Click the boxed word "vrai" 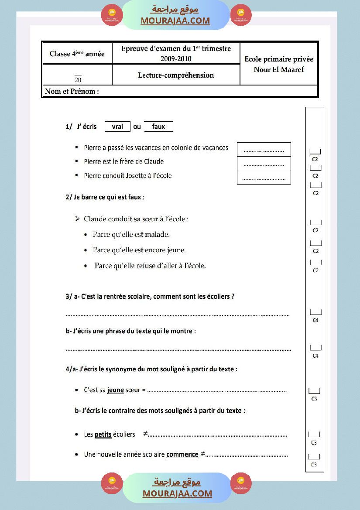tap(117, 127)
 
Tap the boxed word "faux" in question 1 tap(158, 127)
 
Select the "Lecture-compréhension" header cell tap(176, 75)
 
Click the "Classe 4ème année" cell tap(77, 54)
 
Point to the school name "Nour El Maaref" tap(278, 69)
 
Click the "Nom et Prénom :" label tap(72, 91)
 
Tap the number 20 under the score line tap(78, 80)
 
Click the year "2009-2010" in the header tap(176, 59)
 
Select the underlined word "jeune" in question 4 tap(115, 390)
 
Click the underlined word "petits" tap(103, 435)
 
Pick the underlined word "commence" tap(182, 454)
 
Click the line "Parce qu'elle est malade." tap(131, 235)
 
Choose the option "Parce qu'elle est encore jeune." tap(139, 250)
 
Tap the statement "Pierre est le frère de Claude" tap(124, 161)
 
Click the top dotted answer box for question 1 tap(264, 150)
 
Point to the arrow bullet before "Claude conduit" tap(77, 218)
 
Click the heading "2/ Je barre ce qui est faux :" tap(105, 197)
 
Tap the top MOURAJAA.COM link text tap(175, 21)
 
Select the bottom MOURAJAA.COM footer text tap(177, 493)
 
